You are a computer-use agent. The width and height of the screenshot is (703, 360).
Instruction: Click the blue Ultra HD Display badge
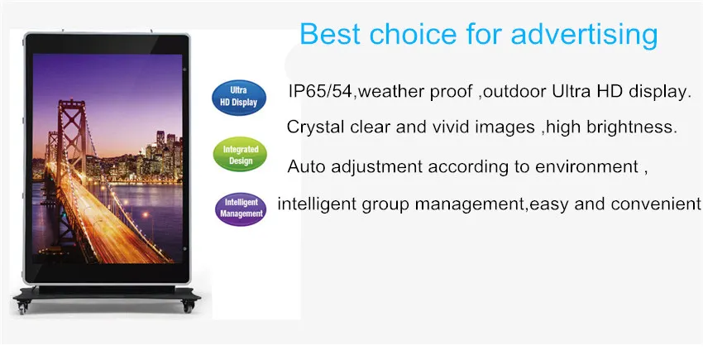tap(238, 97)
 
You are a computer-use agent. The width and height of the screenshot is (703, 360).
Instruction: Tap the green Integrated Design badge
tap(241, 155)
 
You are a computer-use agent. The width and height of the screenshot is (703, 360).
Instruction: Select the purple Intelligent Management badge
tap(241, 209)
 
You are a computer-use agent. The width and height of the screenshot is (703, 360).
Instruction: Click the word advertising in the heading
tap(584, 34)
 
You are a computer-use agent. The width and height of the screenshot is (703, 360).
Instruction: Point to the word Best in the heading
tap(331, 33)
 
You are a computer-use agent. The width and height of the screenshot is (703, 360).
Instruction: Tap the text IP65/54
tap(320, 92)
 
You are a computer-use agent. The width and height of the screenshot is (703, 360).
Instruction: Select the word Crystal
tap(316, 127)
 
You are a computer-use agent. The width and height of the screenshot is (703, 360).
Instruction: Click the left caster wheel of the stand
tap(23, 308)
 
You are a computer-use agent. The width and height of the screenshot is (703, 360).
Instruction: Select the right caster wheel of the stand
tap(188, 307)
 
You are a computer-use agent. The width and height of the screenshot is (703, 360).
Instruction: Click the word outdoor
tap(515, 92)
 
